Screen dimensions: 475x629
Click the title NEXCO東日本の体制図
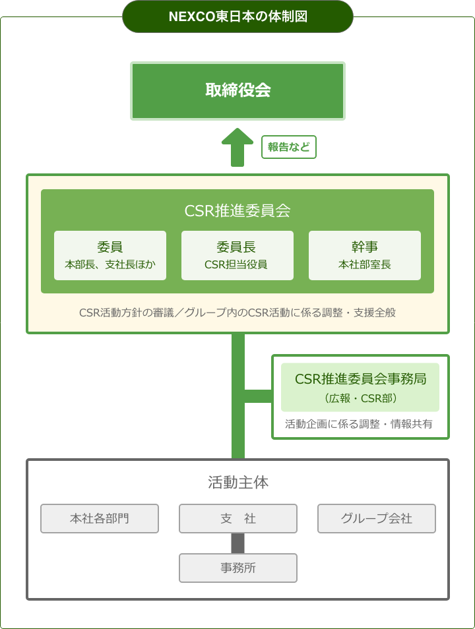pos(237,16)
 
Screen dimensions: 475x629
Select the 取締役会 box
pos(237,91)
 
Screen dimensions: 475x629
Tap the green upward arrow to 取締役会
pos(237,147)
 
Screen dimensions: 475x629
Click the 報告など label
pos(289,147)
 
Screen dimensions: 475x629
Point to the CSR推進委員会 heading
pos(237,210)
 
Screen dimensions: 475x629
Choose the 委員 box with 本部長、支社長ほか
pos(110,255)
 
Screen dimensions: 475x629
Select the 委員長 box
pos(237,255)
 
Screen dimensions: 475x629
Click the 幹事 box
pos(365,255)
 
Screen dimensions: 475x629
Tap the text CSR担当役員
pos(236,264)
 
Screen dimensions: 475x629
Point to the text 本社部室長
pos(365,264)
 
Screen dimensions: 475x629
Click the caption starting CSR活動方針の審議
pos(237,313)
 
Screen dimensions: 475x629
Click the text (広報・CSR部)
pos(361,398)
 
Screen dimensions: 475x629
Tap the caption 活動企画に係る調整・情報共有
pos(358,423)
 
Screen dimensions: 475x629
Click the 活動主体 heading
pos(238,482)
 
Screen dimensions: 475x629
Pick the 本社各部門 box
pos(100,518)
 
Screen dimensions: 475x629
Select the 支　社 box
pos(238,518)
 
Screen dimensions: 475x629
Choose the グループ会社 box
pos(377,518)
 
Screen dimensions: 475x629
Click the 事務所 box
pos(238,568)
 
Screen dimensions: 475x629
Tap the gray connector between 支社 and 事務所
pos(237,543)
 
